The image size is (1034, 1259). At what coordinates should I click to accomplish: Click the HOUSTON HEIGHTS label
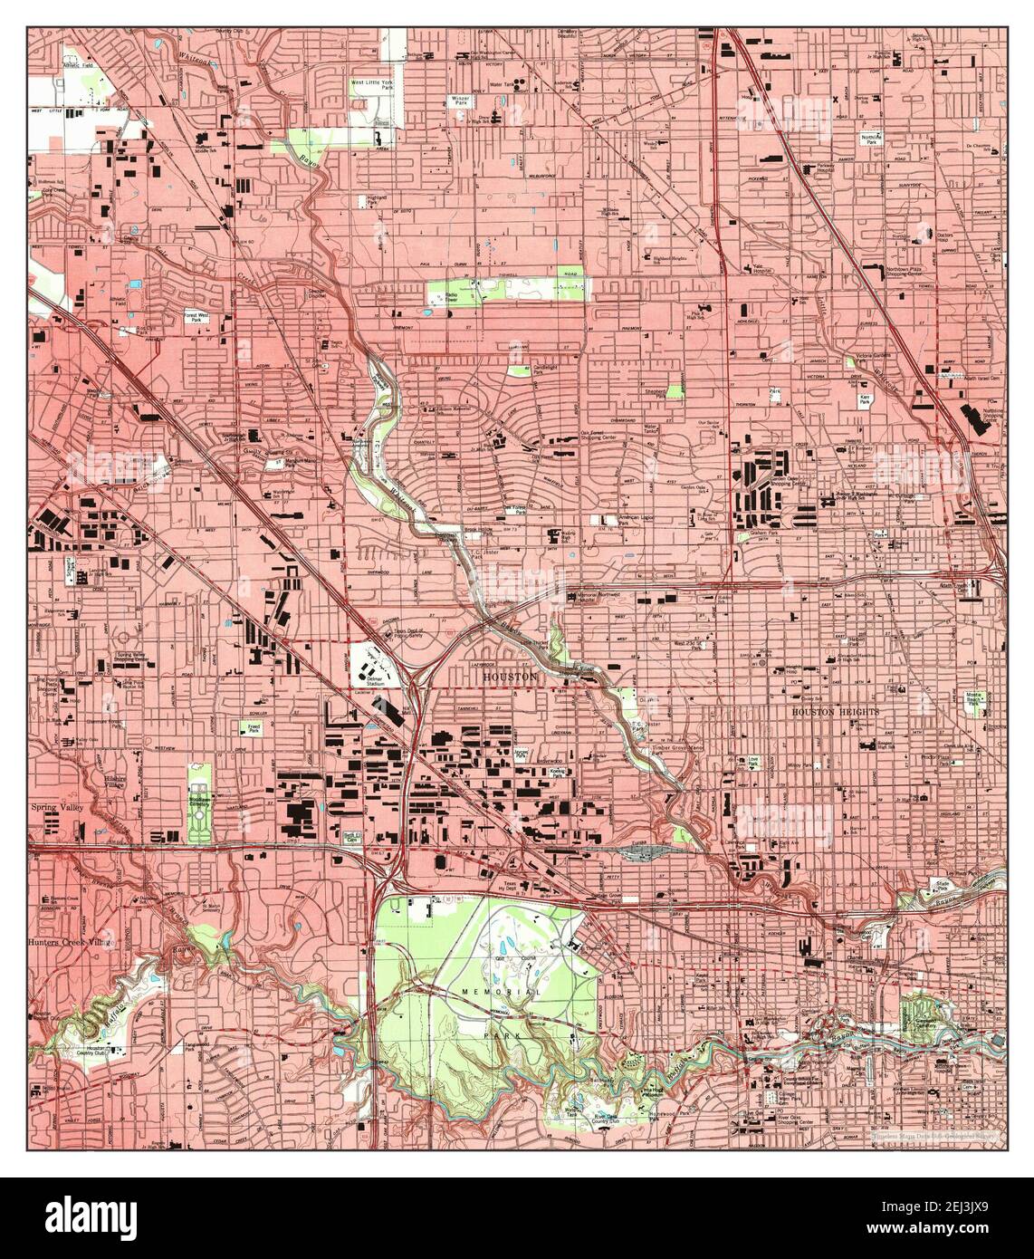[835, 712]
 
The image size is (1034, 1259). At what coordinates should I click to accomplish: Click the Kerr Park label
[861, 398]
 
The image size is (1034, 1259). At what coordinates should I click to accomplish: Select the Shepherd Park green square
[675, 390]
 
